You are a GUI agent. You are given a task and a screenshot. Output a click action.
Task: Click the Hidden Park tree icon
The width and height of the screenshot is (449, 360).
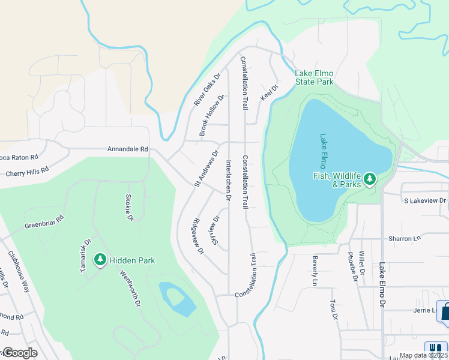(x=100, y=260)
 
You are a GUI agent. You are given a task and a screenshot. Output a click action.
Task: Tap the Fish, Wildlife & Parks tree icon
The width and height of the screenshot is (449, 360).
(x=370, y=179)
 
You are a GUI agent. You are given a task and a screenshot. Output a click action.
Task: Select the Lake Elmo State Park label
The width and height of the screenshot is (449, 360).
(x=313, y=77)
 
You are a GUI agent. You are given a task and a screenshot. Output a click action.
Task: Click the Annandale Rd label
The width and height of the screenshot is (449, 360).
(x=127, y=149)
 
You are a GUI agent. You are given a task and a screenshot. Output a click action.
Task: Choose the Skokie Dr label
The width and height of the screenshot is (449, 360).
(x=129, y=208)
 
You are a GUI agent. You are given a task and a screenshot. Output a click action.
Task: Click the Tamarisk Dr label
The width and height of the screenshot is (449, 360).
(x=86, y=256)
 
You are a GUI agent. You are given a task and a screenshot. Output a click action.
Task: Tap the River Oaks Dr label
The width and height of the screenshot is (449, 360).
(x=207, y=90)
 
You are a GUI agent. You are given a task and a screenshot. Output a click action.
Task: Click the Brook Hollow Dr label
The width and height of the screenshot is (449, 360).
(x=211, y=115)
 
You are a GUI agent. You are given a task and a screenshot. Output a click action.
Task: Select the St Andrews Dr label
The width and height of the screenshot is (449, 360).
(x=205, y=169)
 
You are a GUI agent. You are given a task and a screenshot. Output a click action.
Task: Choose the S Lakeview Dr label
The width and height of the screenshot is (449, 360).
(x=425, y=200)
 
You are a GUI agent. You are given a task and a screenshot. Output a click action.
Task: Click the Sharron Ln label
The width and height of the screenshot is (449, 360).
(x=404, y=238)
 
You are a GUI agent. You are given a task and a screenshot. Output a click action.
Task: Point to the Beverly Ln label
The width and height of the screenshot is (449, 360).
(x=314, y=271)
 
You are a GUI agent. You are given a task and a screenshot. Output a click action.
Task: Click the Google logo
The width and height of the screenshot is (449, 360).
(x=20, y=353)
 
